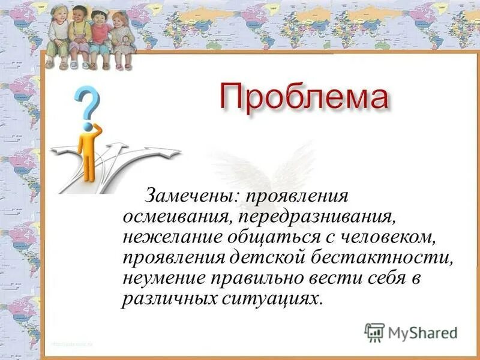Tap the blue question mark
88,103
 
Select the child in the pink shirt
100,36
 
